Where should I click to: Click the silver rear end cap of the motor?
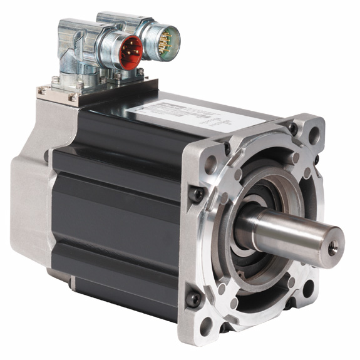tap(28, 188)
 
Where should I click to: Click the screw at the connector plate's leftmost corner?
tap(42, 91)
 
